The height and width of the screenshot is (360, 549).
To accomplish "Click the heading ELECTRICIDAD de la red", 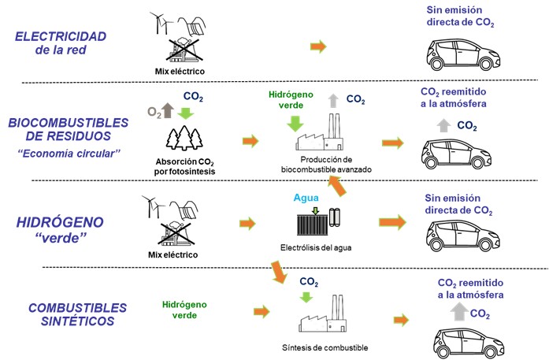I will [x=61, y=43].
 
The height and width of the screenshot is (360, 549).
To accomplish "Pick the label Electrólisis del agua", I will [x=315, y=248].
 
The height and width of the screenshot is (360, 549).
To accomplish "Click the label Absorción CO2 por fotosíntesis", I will [x=189, y=166].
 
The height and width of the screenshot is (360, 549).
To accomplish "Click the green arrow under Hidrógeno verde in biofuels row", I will [x=296, y=122].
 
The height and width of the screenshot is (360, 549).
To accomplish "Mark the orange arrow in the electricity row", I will [x=318, y=47].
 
